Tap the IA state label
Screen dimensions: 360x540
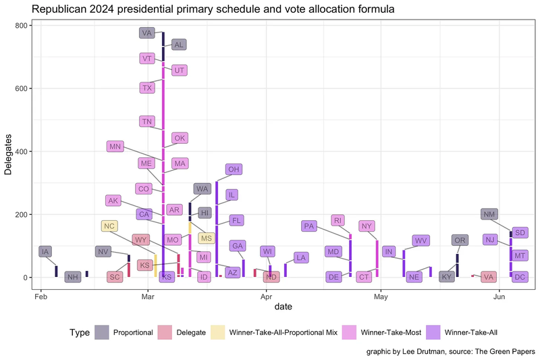tap(45, 252)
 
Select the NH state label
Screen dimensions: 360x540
tap(73, 277)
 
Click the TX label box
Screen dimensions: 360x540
tap(148, 88)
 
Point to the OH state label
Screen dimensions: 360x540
tap(234, 170)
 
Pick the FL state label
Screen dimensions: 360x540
tap(236, 220)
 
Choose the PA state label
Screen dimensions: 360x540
tap(310, 226)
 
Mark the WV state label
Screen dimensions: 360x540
tap(421, 240)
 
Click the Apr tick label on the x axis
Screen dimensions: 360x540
tap(266, 296)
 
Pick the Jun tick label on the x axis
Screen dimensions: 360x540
tap(500, 296)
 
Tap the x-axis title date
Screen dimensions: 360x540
tap(283, 307)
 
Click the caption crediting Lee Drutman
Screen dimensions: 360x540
tap(451, 352)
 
